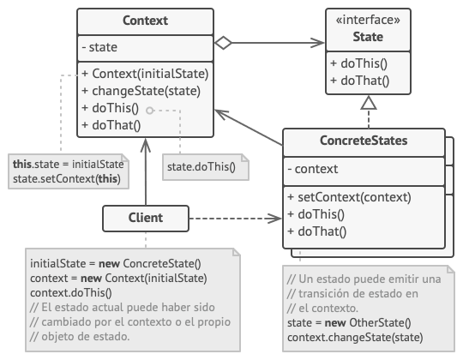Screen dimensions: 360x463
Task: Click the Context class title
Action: coord(145,20)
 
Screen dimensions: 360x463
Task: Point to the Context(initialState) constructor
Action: coord(145,75)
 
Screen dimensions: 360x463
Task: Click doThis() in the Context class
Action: coord(110,109)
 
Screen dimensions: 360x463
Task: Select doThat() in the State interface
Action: coord(359,82)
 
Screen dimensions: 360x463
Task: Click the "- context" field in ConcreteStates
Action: coord(313,170)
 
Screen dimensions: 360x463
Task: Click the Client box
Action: coord(145,218)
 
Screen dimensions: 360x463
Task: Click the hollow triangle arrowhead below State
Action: coord(368,101)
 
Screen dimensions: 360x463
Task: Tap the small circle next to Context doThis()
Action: coord(149,111)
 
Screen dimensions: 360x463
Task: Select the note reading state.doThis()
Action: coord(200,166)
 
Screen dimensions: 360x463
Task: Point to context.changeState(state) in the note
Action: coord(353,339)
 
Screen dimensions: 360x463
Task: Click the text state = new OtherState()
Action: coord(349,325)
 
